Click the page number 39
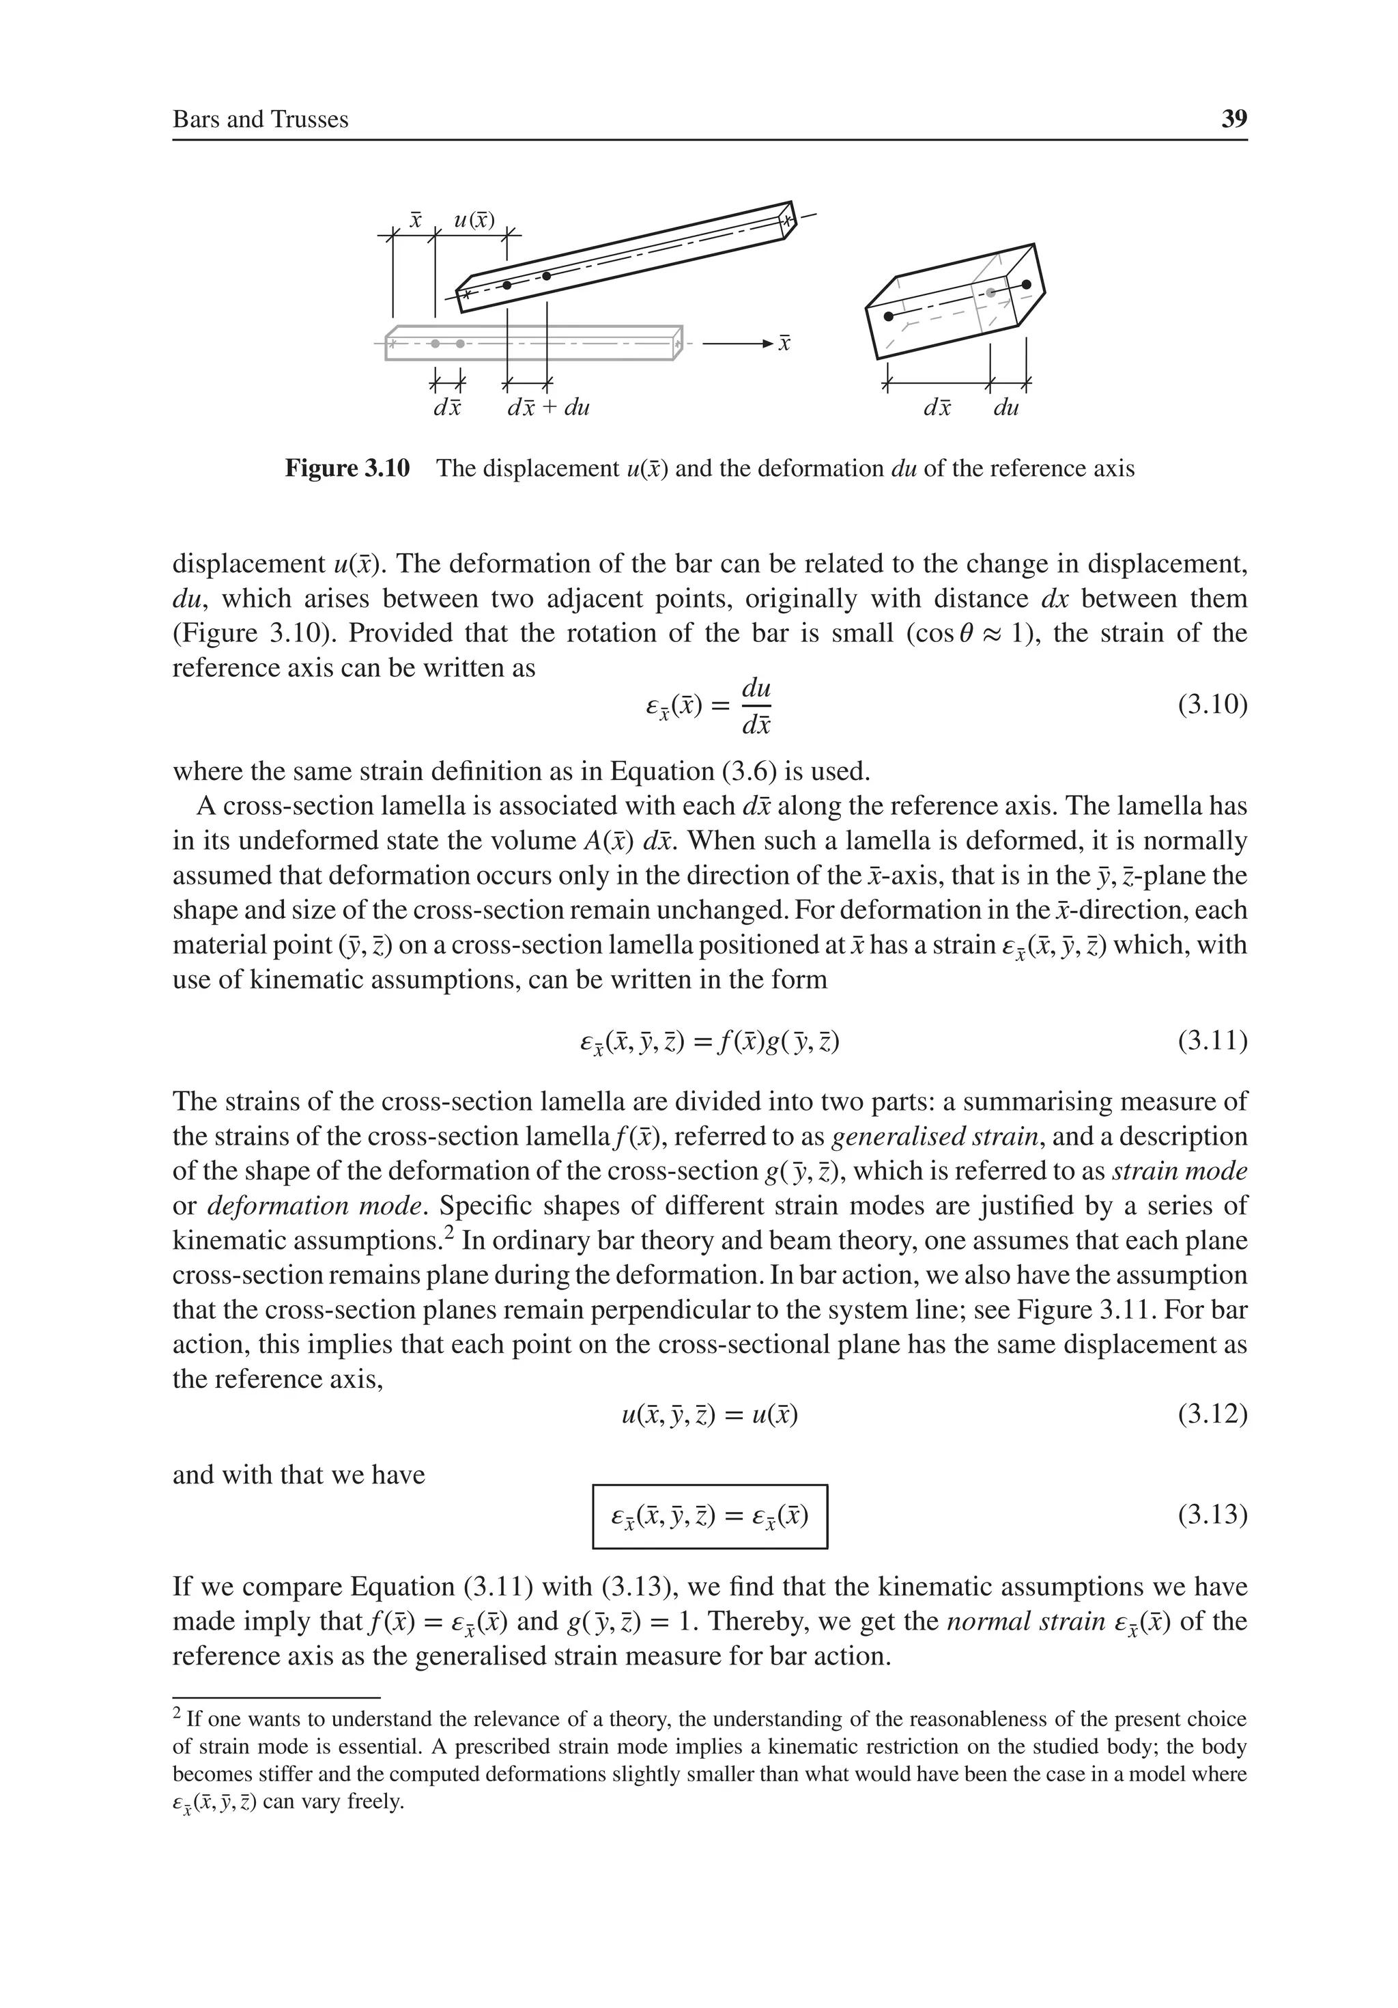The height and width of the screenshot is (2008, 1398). click(1233, 119)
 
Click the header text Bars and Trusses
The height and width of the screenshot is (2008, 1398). click(261, 120)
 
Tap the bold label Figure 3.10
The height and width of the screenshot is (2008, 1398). click(347, 469)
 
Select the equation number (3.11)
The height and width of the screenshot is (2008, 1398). click(1211, 1041)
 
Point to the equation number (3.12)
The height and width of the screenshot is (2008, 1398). click(1211, 1412)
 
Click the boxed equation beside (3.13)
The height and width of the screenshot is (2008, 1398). click(709, 1516)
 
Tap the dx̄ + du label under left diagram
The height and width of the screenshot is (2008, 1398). click(548, 408)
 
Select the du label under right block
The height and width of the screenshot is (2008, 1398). click(1006, 408)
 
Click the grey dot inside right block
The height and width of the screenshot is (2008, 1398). click(990, 293)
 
